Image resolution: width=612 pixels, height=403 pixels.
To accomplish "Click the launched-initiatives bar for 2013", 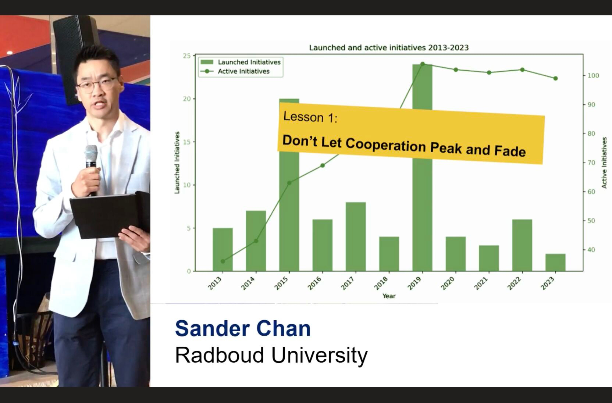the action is pos(223,249).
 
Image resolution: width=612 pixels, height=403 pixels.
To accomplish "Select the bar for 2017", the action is pos(356,236).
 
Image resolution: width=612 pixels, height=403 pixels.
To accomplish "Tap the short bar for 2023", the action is pos(555,262).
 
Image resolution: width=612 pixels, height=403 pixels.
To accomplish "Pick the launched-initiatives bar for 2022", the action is pos(522,245).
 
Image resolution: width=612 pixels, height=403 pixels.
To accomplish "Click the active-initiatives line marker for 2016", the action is pos(323,165).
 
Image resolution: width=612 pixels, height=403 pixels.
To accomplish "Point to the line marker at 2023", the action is pos(555,78).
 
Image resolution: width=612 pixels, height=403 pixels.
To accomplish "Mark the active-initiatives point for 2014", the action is pos(256,241).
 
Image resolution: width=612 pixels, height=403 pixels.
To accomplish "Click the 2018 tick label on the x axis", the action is pos(381,283).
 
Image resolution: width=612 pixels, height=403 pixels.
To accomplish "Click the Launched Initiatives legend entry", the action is pos(241,62).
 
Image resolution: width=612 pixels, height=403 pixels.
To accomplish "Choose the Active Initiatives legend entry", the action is pos(235,71).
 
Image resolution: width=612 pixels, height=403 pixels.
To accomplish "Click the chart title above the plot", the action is pos(389,47).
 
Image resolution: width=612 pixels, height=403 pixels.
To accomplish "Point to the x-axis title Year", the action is pos(389,296).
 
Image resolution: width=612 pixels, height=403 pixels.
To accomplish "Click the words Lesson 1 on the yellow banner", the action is pos(310,117).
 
